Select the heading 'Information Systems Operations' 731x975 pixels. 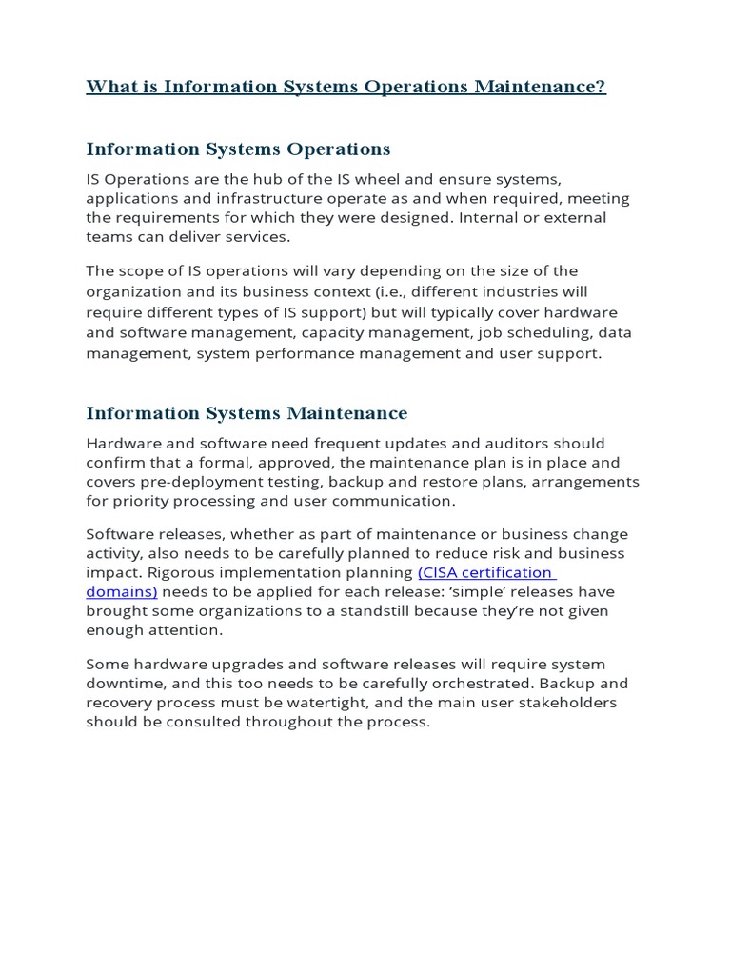click(238, 149)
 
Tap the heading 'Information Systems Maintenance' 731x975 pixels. click(247, 413)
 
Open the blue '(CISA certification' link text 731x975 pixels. click(485, 572)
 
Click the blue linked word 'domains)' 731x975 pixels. click(121, 591)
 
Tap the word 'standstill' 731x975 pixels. click(375, 610)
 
